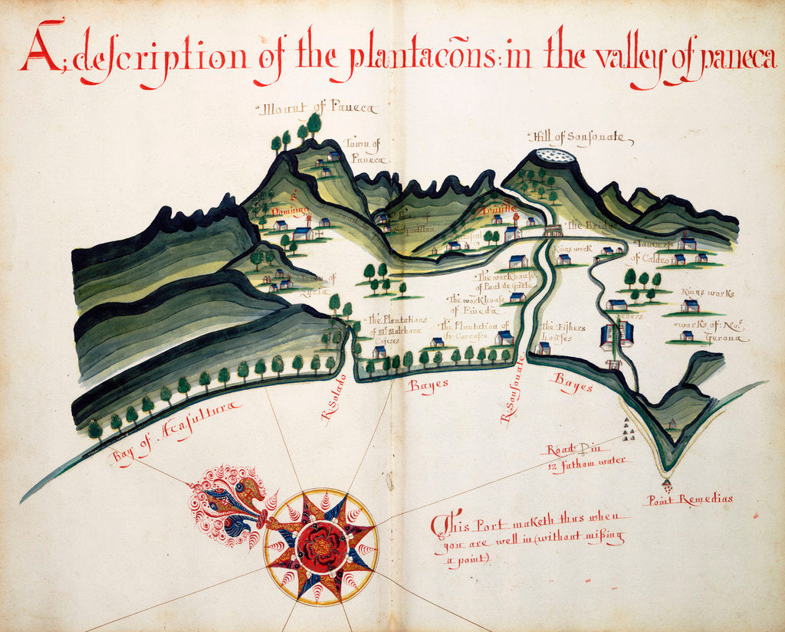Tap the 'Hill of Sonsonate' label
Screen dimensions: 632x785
tap(580, 138)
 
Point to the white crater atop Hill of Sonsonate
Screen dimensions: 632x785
tap(555, 156)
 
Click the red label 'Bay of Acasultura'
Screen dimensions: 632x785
tap(176, 432)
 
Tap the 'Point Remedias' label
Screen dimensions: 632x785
tap(690, 499)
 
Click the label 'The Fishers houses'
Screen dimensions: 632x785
tap(563, 332)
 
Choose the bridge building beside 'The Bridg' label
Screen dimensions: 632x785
tap(552, 229)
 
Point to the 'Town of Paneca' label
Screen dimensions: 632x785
tap(365, 150)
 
